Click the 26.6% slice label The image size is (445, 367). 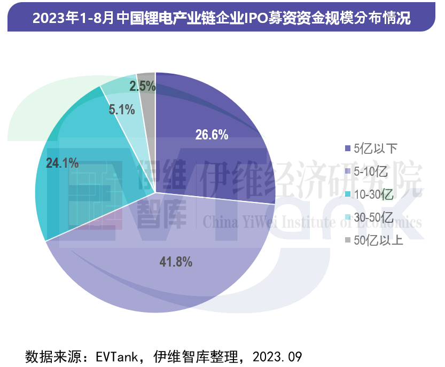(212, 135)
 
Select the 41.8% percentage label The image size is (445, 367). (176, 262)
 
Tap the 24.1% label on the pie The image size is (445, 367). (63, 163)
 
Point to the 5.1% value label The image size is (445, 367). (121, 110)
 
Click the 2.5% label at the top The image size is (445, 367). (143, 85)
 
